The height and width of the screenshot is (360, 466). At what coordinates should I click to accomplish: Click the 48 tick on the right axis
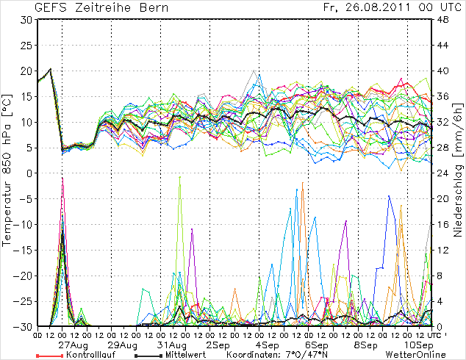[443, 20]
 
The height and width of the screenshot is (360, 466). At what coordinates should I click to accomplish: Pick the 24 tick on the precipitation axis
[443, 173]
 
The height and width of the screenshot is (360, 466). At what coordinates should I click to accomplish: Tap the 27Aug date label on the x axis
[74, 344]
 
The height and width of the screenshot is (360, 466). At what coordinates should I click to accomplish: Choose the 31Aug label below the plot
[172, 344]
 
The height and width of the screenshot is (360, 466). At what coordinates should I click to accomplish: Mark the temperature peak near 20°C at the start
[49, 69]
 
